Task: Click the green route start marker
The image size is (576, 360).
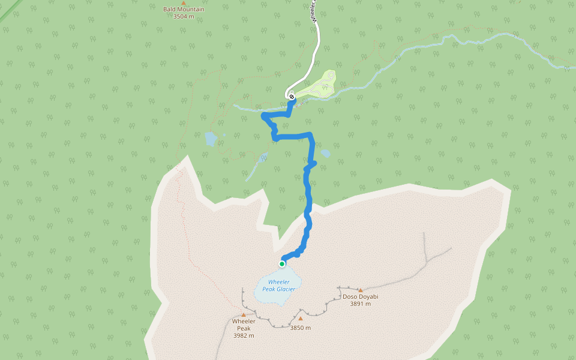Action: (282, 263)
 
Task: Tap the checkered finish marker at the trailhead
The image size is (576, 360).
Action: (292, 96)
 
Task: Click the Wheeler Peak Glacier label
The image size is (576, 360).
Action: (279, 286)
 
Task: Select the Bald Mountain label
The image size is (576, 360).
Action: (184, 10)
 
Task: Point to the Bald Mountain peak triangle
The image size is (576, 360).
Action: (184, 3)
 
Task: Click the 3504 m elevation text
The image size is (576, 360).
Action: (184, 17)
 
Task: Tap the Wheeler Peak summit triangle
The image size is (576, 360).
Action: (244, 314)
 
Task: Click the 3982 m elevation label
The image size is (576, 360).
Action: (244, 335)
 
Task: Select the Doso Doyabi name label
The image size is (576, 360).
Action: (360, 296)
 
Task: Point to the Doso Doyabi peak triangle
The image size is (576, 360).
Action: (361, 290)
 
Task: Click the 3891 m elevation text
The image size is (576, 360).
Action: (360, 304)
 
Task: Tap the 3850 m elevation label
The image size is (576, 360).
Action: (300, 328)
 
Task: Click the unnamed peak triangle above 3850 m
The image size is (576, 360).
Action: (301, 318)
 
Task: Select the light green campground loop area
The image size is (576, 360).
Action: (321, 84)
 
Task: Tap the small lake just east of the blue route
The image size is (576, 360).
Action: (325, 153)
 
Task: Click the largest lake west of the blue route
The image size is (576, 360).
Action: (211, 139)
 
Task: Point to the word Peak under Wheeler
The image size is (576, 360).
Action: (244, 328)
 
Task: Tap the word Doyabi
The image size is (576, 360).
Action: (369, 296)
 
